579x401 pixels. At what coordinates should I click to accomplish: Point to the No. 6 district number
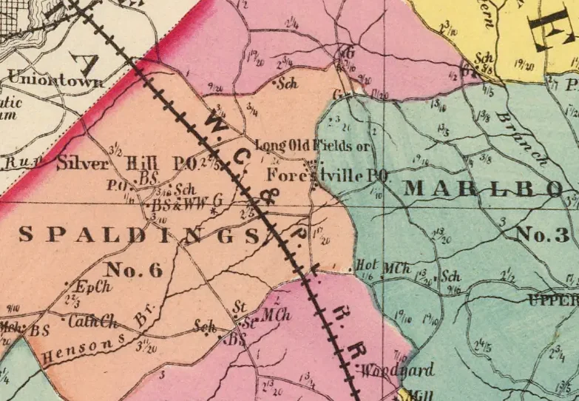[x=134, y=270]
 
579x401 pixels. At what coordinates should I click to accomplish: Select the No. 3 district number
[x=543, y=236]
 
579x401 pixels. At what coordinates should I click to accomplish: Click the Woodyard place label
[x=389, y=370]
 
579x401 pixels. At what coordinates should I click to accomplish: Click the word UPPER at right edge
[x=554, y=300]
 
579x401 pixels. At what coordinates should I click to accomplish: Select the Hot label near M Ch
[x=366, y=265]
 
